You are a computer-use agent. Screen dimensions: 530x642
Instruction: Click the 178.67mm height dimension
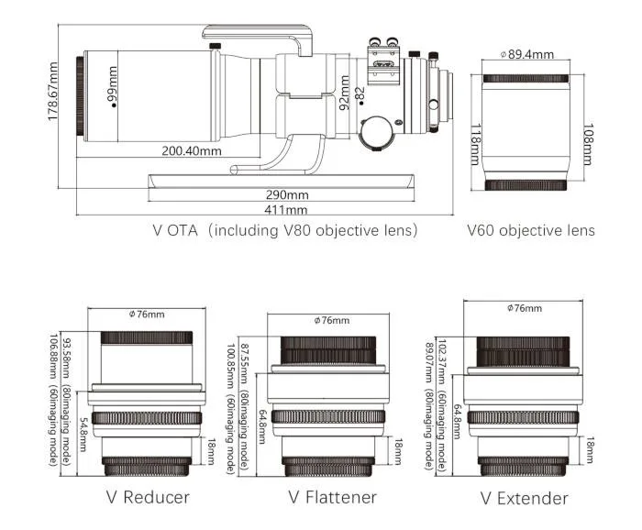point(54,92)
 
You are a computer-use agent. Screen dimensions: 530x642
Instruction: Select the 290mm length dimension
point(286,194)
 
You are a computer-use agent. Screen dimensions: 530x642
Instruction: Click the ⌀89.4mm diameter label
point(526,54)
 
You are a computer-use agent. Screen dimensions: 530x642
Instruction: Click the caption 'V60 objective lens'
point(530,231)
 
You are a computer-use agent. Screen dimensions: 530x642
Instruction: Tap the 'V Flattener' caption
point(331,498)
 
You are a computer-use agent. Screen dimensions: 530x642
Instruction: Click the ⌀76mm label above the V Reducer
point(147,315)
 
